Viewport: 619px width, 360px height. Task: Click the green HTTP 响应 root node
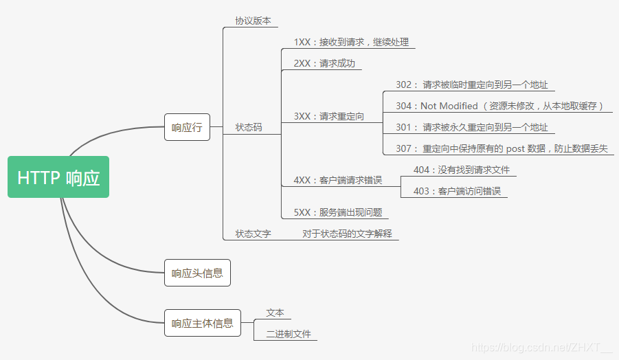(58, 177)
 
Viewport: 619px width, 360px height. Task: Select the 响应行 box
(187, 127)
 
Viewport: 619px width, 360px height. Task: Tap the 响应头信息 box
(197, 273)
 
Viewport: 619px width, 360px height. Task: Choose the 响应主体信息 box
(203, 323)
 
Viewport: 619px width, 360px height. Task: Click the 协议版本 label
(253, 21)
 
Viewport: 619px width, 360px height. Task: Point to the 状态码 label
(248, 127)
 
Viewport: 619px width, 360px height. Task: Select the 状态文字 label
(253, 234)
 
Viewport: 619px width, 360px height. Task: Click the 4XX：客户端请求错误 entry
(337, 180)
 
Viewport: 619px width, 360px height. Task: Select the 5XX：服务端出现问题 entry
(337, 212)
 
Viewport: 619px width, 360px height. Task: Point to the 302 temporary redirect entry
(471, 85)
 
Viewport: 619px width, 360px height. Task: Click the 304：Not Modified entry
(499, 106)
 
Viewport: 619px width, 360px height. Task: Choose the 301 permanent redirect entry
(471, 127)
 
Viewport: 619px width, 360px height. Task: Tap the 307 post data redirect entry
(502, 148)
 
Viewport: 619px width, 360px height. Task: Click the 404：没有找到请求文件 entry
(461, 170)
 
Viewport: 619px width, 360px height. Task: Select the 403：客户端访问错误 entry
(457, 191)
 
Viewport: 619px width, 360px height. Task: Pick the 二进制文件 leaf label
(289, 334)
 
